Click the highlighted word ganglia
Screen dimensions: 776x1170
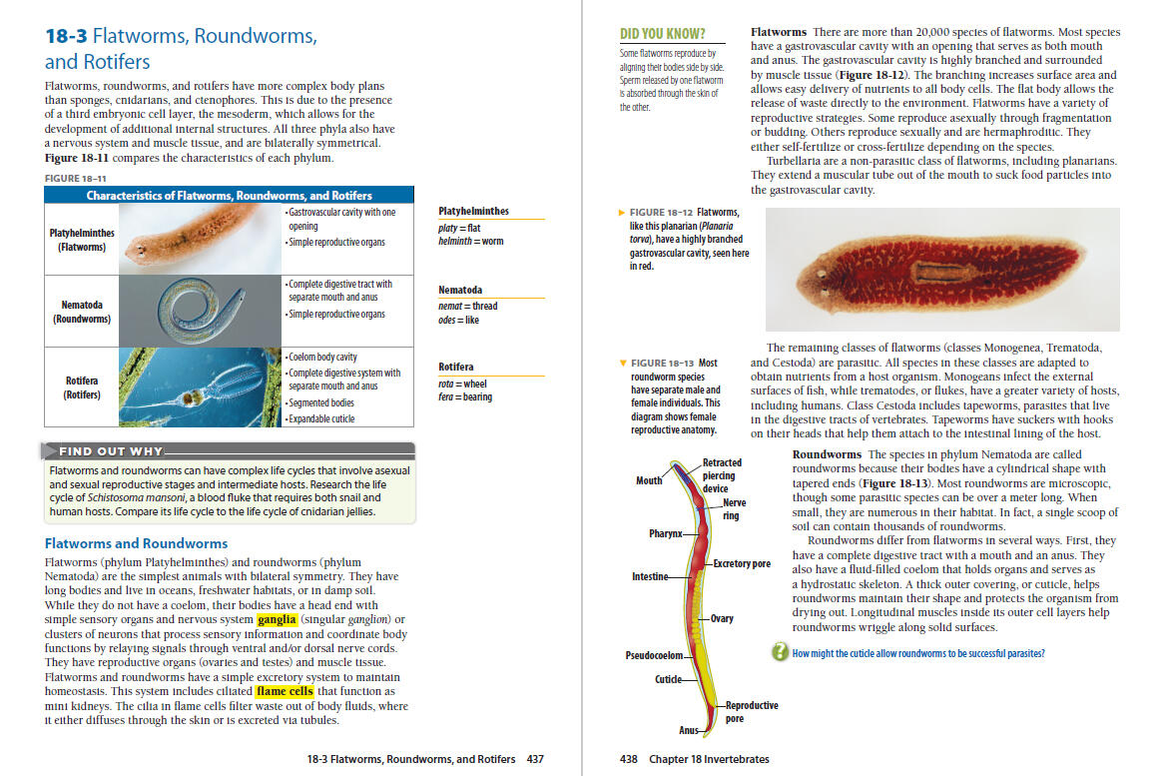click(x=277, y=619)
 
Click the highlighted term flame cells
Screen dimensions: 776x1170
click(x=286, y=691)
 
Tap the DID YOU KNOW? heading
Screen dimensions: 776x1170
click(x=663, y=34)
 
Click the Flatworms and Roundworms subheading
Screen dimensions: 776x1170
click(x=136, y=543)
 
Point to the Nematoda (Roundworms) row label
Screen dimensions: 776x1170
click(x=82, y=312)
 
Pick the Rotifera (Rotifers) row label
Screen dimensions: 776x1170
click(x=82, y=387)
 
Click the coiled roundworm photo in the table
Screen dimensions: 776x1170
click(x=200, y=311)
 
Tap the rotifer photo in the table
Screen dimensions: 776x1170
click(x=200, y=387)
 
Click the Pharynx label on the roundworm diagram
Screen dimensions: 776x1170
click(x=665, y=533)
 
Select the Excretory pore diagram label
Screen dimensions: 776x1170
click(x=742, y=564)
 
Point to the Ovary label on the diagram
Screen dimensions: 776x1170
click(x=722, y=618)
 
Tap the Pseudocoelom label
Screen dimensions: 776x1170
click(x=654, y=655)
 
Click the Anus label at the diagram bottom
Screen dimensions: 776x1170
click(x=689, y=730)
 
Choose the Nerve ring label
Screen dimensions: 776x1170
click(x=734, y=509)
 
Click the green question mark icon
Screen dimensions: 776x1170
click(x=780, y=652)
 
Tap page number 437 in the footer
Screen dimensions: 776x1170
click(x=535, y=759)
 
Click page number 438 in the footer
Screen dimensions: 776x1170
click(x=629, y=759)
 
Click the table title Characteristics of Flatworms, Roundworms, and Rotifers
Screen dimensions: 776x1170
click(x=229, y=196)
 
